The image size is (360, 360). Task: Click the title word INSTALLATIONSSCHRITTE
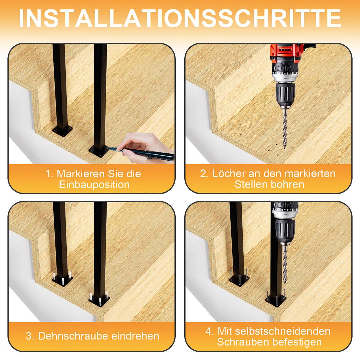tap(180, 18)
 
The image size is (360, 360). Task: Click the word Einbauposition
tap(94, 185)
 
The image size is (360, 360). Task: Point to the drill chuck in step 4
tap(284, 230)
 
